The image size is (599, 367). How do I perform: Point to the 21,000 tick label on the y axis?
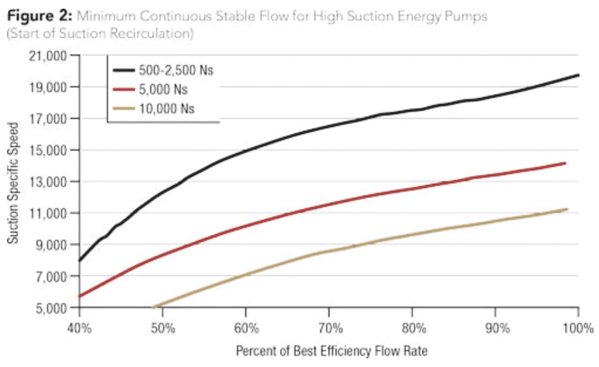pyautogui.click(x=49, y=56)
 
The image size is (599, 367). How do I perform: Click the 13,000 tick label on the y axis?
pyautogui.click(x=49, y=181)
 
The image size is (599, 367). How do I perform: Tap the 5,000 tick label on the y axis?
pyautogui.click(x=51, y=307)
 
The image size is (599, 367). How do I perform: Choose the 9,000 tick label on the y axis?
pyautogui.click(x=51, y=245)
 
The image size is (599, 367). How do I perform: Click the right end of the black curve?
pyautogui.click(x=579, y=75)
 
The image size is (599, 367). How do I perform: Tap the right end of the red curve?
pyautogui.click(x=566, y=163)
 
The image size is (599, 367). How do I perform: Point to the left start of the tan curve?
pyautogui.click(x=153, y=307)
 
